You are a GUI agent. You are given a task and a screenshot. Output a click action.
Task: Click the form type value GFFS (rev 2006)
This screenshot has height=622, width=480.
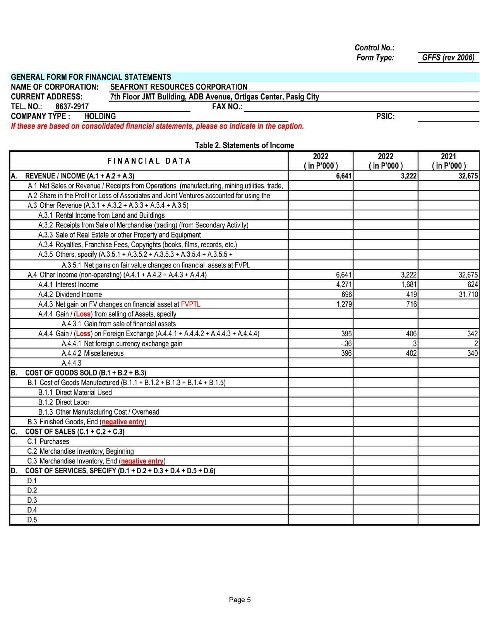point(448,58)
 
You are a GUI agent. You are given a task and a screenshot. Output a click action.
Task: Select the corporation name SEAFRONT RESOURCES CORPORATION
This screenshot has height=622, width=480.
point(178,87)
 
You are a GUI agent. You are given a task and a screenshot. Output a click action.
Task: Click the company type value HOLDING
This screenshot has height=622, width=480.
point(100,116)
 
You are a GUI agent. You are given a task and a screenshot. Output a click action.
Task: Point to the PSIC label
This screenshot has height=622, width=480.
point(385,116)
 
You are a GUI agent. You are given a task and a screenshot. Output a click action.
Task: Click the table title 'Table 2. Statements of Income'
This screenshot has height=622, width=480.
point(244,145)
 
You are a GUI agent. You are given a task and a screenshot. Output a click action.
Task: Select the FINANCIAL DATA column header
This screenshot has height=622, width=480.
point(149,161)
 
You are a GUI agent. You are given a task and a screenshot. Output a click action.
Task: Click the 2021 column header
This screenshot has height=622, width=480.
point(448,161)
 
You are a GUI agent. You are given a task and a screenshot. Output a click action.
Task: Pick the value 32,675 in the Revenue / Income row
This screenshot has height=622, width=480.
point(468,176)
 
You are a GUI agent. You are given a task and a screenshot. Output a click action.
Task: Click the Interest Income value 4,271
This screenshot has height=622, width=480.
point(344,284)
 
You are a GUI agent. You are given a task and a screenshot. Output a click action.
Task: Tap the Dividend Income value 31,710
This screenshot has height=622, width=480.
point(468,295)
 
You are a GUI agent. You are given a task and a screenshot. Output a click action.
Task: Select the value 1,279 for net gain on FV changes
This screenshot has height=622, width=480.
point(344,304)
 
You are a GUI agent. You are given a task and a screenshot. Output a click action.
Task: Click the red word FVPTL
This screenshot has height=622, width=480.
point(190,304)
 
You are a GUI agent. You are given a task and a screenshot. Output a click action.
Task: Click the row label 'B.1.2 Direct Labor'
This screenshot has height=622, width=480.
point(64,402)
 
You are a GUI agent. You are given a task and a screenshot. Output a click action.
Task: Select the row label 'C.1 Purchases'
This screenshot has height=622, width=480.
point(48,441)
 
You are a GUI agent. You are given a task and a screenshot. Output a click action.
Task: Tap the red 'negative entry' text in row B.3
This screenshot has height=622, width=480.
point(123,422)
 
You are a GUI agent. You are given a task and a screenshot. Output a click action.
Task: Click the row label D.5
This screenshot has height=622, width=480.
point(32,520)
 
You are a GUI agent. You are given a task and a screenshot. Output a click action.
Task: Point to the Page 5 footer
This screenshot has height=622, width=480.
point(240,600)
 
